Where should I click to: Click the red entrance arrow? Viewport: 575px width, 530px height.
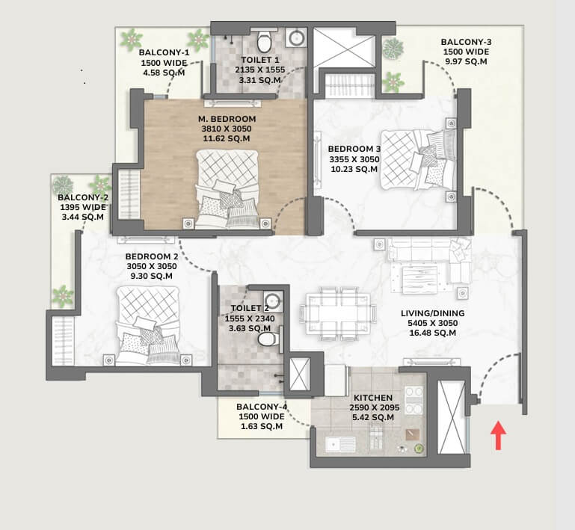[498, 435]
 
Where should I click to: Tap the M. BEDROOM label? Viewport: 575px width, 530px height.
[227, 119]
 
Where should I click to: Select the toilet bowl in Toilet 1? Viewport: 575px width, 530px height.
[263, 41]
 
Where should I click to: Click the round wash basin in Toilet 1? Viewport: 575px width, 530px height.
[295, 37]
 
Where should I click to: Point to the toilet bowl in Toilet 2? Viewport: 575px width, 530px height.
[268, 339]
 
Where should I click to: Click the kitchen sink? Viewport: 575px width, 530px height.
[340, 445]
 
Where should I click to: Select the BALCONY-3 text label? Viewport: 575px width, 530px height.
[466, 42]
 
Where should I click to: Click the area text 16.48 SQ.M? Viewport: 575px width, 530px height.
[433, 333]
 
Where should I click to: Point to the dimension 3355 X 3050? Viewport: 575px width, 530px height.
[354, 159]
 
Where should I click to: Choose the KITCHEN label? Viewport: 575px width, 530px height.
[373, 398]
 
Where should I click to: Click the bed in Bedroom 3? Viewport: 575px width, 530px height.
[418, 160]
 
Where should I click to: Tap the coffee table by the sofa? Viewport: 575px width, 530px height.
[420, 280]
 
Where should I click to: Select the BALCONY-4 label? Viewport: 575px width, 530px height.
[262, 407]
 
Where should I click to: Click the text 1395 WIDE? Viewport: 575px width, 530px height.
[83, 208]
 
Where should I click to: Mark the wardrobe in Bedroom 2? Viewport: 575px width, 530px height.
[63, 341]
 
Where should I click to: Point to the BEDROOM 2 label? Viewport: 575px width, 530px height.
[152, 256]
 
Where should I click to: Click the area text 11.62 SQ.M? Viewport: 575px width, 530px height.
[227, 138]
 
